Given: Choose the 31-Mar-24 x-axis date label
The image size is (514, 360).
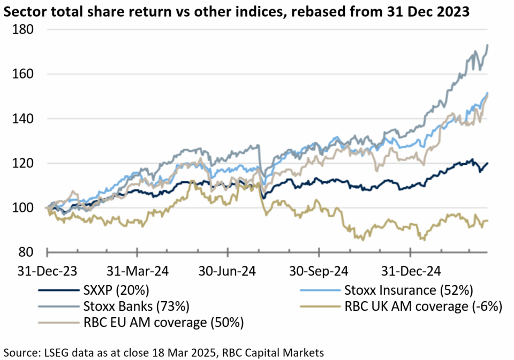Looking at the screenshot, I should [x=138, y=271].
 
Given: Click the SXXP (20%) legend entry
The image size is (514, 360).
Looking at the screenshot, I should [x=116, y=290].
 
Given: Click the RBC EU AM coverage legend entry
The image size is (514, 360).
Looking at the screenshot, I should [x=163, y=323].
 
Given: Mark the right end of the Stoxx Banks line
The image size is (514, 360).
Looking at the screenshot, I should [x=487, y=45].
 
